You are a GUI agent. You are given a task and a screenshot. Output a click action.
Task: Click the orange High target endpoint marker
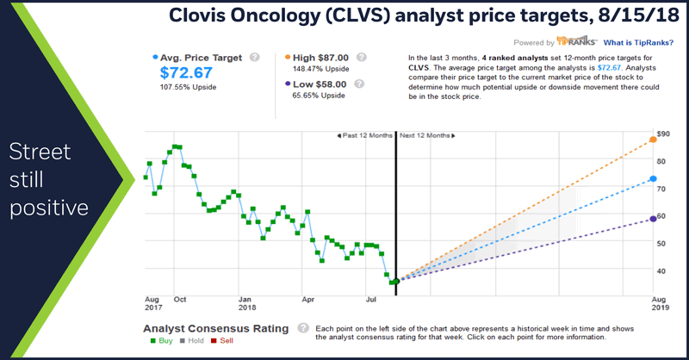pyautogui.click(x=653, y=140)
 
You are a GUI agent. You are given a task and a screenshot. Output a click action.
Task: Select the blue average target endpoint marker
pyautogui.click(x=653, y=179)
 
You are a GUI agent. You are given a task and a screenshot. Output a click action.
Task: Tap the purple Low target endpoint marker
pyautogui.click(x=653, y=219)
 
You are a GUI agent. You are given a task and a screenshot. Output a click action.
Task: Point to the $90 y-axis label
pyautogui.click(x=663, y=134)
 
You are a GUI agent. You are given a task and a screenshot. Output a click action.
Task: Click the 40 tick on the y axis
pyautogui.click(x=661, y=270)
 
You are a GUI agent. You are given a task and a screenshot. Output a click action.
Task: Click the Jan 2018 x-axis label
pyautogui.click(x=247, y=302)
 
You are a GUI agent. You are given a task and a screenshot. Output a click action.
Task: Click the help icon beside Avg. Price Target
pyautogui.click(x=254, y=58)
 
